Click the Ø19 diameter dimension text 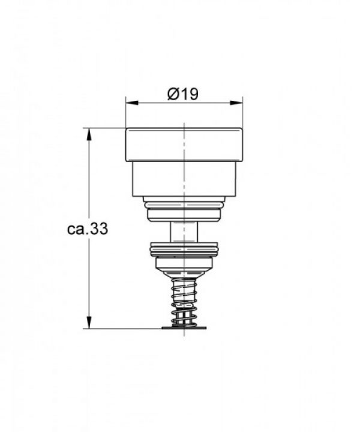pos(183,94)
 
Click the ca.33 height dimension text pos(88,229)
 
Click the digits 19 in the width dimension pos(190,94)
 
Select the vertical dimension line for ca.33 pos(89,180)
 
